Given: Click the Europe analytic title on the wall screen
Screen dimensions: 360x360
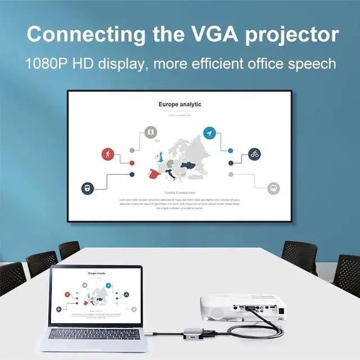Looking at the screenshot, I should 179,105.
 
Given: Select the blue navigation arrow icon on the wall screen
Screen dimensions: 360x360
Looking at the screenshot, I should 209,133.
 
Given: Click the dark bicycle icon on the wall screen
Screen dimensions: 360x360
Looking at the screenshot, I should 255,154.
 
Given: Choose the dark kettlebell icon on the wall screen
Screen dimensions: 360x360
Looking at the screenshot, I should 87,187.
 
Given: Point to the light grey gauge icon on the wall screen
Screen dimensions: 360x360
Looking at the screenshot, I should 273,187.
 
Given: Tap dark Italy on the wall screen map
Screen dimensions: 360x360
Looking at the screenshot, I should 171,174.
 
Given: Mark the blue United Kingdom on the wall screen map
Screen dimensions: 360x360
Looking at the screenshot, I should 160,157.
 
